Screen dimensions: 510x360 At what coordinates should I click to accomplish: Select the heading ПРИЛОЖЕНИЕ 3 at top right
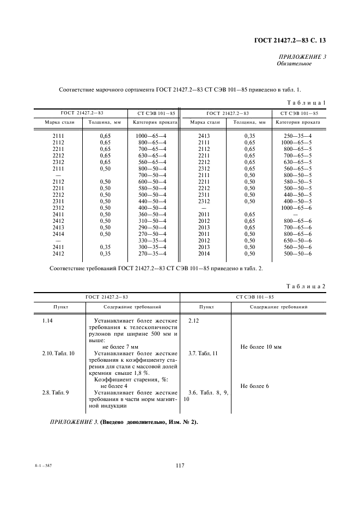click(302, 57)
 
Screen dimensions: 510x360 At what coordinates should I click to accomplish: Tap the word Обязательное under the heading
click(294, 64)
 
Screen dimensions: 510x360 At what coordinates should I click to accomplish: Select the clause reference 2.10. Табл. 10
click(58, 354)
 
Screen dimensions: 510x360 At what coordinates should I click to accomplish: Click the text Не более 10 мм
click(260, 347)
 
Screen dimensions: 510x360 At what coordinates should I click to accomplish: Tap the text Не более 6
click(254, 386)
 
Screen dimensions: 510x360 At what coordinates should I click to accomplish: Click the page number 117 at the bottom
click(181, 465)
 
